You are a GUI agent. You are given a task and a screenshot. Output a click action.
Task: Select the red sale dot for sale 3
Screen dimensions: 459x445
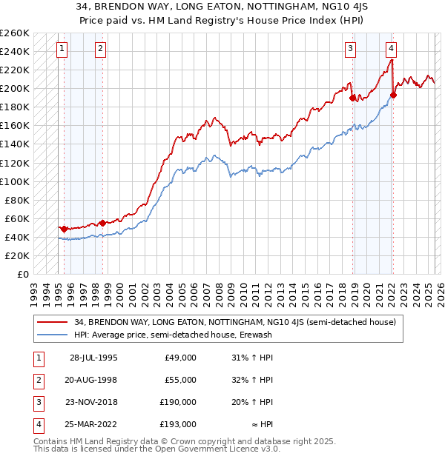(x=352, y=97)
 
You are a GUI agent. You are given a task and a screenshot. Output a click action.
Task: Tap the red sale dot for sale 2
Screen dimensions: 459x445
(x=102, y=222)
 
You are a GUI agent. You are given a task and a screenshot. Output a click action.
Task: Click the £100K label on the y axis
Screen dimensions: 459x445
(x=15, y=181)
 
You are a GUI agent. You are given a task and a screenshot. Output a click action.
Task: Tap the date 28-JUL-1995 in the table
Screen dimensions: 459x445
(x=93, y=358)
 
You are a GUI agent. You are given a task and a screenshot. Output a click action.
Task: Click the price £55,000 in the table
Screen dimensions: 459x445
(x=181, y=380)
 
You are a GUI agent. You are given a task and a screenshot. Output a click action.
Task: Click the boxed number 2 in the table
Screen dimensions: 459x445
(x=38, y=380)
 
